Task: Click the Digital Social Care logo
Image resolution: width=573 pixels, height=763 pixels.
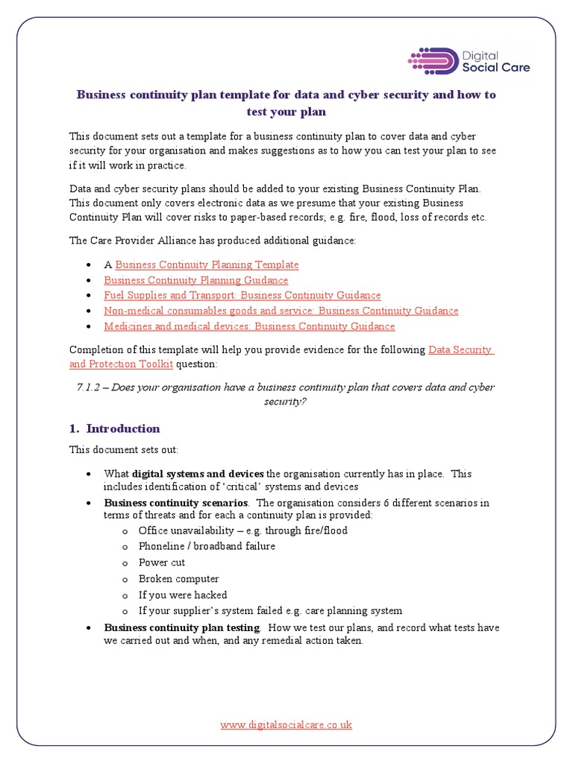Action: (x=469, y=60)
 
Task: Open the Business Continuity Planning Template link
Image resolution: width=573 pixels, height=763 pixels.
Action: (x=207, y=265)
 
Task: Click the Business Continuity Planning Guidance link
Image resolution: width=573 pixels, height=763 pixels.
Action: (x=195, y=280)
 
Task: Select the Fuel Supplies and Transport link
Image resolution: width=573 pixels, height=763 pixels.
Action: (x=242, y=295)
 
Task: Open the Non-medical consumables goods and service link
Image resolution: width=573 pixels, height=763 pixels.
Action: (x=281, y=311)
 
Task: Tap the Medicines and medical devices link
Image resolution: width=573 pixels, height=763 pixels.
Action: (x=249, y=326)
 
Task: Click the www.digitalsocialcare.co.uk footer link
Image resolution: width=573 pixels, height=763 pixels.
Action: (x=286, y=724)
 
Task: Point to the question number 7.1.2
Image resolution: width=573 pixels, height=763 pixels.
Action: (x=93, y=387)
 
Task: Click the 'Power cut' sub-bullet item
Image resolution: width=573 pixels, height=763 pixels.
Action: (x=162, y=563)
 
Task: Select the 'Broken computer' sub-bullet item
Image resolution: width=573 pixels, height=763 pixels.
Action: (x=179, y=579)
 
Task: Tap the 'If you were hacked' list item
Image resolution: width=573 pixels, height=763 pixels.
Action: (x=183, y=595)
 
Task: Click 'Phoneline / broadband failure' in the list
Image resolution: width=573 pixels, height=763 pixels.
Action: (x=207, y=546)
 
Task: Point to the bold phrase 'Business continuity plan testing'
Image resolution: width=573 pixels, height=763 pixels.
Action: (x=182, y=627)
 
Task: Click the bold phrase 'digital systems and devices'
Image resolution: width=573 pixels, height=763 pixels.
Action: (x=198, y=474)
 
